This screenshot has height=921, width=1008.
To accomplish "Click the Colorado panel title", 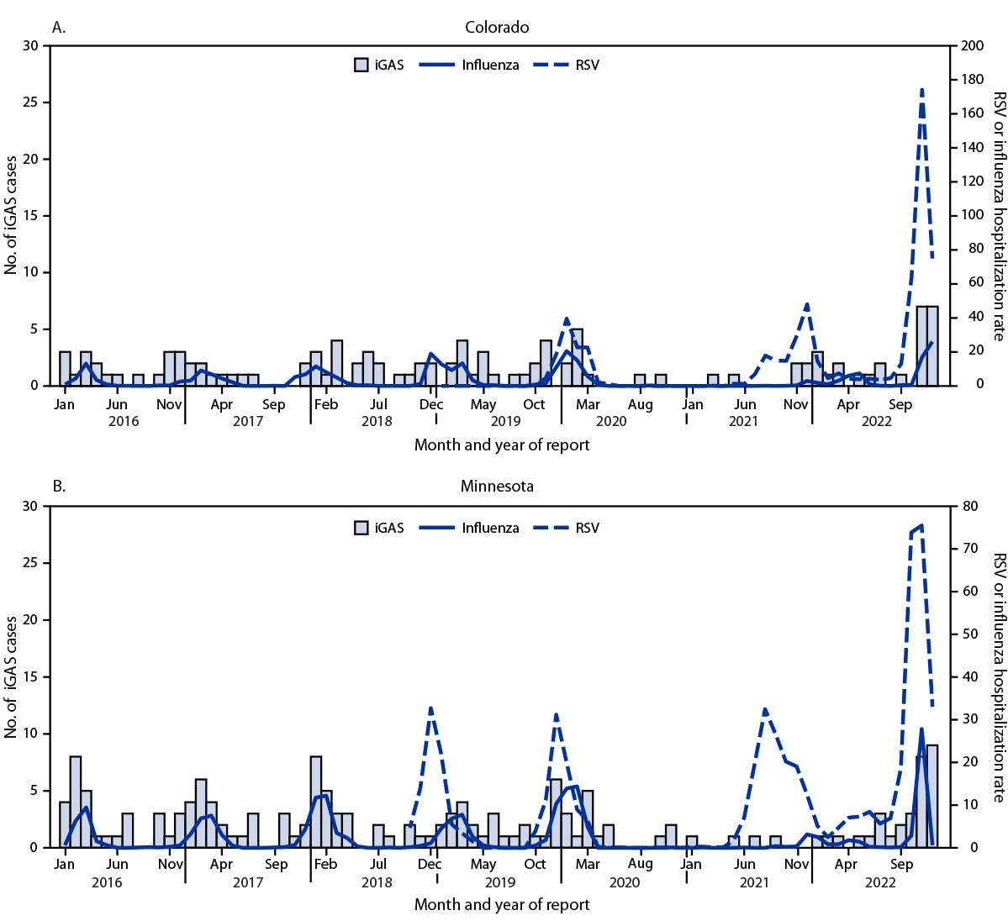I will click(497, 27).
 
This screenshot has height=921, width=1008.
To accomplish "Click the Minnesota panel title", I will click(497, 487).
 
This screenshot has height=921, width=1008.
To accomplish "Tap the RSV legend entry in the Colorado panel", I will click(586, 65).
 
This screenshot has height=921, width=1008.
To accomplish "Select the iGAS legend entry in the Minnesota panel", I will click(389, 528).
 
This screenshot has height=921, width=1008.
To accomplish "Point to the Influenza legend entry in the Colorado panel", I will click(490, 65).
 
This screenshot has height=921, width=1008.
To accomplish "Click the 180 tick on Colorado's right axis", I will click(973, 80).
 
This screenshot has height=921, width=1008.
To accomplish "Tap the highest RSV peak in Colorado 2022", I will click(921, 89).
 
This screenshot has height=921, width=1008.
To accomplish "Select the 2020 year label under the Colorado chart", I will click(611, 421).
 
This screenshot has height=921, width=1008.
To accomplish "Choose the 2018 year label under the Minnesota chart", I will click(377, 882).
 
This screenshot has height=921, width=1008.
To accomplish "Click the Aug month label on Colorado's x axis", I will click(640, 405).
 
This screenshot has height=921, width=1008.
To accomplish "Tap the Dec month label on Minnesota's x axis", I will click(430, 864).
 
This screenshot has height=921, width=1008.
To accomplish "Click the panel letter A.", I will click(59, 27).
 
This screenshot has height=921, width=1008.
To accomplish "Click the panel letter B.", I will click(59, 487).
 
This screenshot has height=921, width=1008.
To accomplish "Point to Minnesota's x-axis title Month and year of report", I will click(502, 905).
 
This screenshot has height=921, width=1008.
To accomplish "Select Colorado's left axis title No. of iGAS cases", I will click(12, 214).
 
